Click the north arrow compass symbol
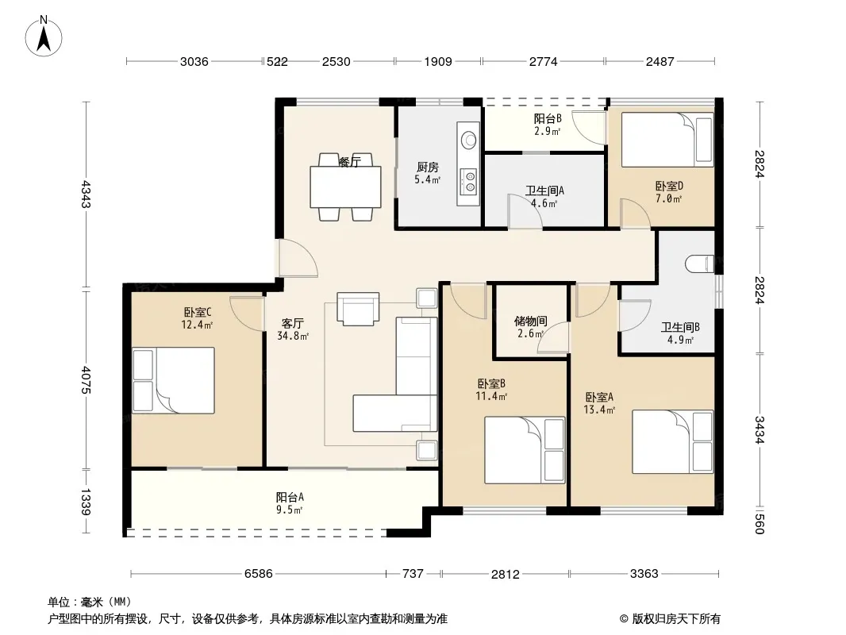coord(44,37)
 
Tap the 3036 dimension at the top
coord(194,61)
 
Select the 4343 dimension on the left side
coord(86,194)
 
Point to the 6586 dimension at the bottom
coord(259,574)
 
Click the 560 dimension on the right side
coord(759,524)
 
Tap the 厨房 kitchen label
coord(427,167)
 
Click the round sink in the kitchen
coord(468,140)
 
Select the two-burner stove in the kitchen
coord(467,181)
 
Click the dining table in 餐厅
coord(345,187)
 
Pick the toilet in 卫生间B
coord(699,264)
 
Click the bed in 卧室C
coord(173,380)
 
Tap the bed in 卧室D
coord(667,140)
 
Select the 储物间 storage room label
coord(531,321)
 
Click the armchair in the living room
coord(358,309)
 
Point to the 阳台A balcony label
coord(290,497)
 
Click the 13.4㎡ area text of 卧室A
coord(599,410)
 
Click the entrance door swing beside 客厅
coord(298,259)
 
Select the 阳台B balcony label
coord(548,118)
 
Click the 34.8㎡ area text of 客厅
coord(293,336)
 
